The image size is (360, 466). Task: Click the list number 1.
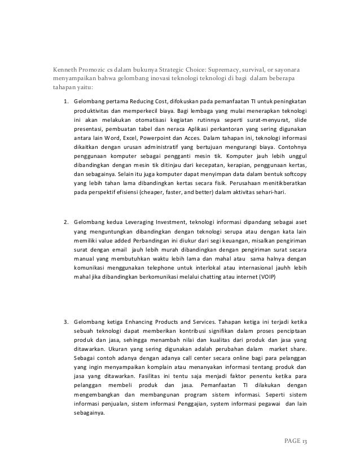click(x=65, y=101)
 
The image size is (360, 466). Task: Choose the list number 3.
click(x=65, y=323)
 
